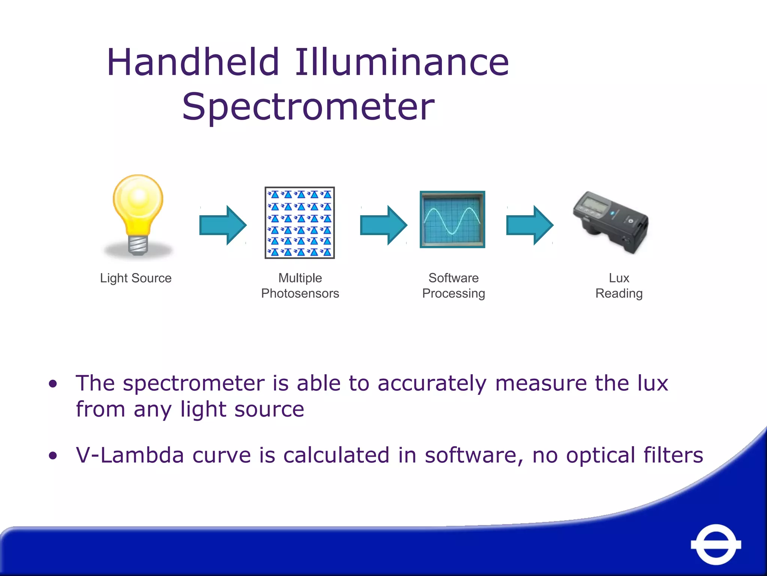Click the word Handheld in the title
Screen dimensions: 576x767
point(193,62)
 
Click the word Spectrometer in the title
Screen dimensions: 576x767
point(308,107)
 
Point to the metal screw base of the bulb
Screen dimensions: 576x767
point(138,246)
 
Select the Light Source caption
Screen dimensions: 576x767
point(136,278)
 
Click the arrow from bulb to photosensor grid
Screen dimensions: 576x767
point(223,225)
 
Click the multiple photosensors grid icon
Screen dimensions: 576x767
point(300,223)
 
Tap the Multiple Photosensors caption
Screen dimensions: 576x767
point(300,286)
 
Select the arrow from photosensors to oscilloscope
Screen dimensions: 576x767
point(383,225)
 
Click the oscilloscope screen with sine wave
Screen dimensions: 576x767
point(452,219)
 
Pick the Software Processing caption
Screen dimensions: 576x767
point(454,286)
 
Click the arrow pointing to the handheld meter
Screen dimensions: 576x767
point(530,225)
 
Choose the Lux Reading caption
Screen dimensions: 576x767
point(619,286)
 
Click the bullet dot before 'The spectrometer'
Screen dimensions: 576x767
point(53,384)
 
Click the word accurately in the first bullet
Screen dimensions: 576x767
point(432,384)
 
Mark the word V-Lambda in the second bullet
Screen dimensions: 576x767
point(130,455)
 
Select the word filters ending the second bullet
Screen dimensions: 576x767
point(673,455)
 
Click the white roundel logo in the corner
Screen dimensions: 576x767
point(716,544)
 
